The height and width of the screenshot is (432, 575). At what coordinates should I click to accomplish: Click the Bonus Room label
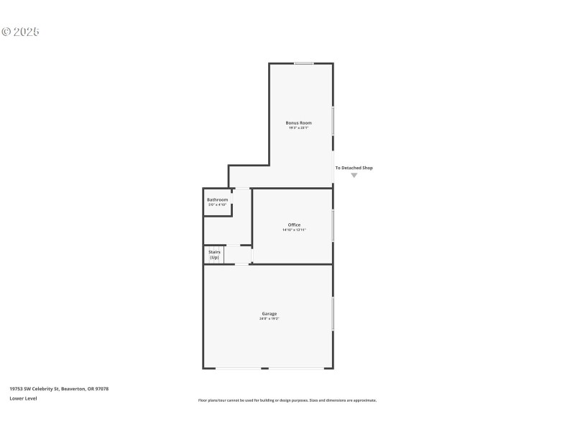pos(299,123)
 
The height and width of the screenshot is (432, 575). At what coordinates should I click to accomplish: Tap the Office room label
pos(294,225)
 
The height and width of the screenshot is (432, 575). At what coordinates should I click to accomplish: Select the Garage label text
pos(269,313)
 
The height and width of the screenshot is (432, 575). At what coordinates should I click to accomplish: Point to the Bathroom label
pos(218,199)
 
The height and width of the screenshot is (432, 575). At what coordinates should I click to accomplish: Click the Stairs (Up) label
pos(214,254)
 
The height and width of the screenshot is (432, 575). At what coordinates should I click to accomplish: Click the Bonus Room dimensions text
pos(299,128)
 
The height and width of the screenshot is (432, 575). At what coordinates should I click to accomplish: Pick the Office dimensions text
pos(294,230)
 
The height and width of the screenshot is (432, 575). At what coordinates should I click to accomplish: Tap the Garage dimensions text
pos(269,318)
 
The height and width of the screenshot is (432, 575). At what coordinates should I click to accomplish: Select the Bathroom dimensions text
pos(218,204)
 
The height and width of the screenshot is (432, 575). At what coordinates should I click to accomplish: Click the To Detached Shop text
pos(354,168)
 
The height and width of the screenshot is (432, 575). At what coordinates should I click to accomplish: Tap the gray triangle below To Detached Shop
pos(354,175)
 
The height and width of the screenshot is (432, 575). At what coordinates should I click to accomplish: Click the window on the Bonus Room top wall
pos(304,63)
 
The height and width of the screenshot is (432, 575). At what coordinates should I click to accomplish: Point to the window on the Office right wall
pos(333,225)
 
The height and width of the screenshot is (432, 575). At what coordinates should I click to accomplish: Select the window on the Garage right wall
pos(333,314)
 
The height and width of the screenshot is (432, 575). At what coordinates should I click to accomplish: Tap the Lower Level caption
pos(23,398)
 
